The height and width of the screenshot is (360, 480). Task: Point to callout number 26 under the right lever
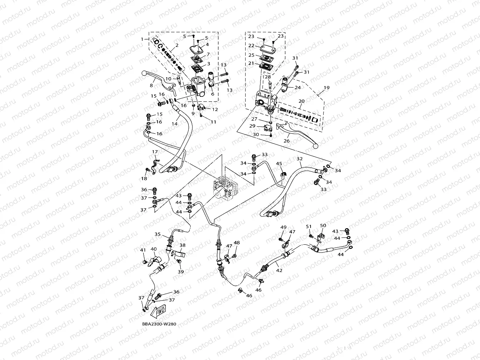pos(286,141)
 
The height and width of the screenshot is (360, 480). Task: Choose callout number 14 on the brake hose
pos(174,124)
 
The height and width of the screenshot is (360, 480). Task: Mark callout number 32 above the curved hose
pos(299,158)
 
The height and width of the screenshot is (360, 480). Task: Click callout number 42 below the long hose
pos(279,270)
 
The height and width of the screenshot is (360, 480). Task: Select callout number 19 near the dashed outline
pos(326,88)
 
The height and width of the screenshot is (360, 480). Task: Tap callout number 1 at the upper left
pos(142,39)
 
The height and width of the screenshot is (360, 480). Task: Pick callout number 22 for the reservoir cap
pos(251,45)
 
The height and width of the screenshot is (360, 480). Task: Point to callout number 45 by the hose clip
pos(279,164)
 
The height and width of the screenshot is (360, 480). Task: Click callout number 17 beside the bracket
pos(155,152)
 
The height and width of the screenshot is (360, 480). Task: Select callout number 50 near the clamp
pos(323,226)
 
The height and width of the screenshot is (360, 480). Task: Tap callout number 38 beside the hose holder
pos(182,245)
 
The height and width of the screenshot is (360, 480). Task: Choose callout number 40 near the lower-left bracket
pos(153,249)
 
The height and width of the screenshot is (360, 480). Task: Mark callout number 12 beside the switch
pos(215,109)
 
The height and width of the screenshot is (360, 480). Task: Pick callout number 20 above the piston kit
pos(302,101)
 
